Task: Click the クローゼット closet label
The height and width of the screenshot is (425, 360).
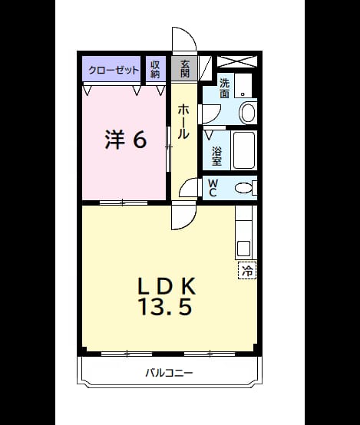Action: [x=114, y=71]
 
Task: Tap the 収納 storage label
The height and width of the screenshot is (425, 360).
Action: [x=155, y=69]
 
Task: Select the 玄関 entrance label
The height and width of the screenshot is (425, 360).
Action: [x=185, y=69]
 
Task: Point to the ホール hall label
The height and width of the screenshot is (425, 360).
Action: [x=183, y=121]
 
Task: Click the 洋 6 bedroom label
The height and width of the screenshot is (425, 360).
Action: [x=126, y=140]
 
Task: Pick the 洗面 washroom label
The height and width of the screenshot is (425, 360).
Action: [x=225, y=88]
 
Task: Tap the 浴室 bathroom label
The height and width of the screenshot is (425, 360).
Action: [x=216, y=156]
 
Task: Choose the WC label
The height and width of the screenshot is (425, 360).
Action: [x=212, y=188]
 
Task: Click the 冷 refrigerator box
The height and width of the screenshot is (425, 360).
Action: [x=247, y=270]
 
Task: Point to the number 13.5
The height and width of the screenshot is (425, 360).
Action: [x=166, y=307]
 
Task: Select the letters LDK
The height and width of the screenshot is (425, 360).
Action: [x=167, y=286]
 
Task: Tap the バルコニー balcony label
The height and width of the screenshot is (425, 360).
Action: [x=169, y=373]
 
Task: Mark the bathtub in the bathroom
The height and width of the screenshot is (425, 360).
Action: [x=244, y=150]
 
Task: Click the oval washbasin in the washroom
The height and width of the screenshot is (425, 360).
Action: [x=248, y=113]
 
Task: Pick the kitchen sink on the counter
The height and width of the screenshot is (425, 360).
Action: [x=243, y=249]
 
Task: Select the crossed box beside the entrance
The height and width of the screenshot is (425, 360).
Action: [x=237, y=61]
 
